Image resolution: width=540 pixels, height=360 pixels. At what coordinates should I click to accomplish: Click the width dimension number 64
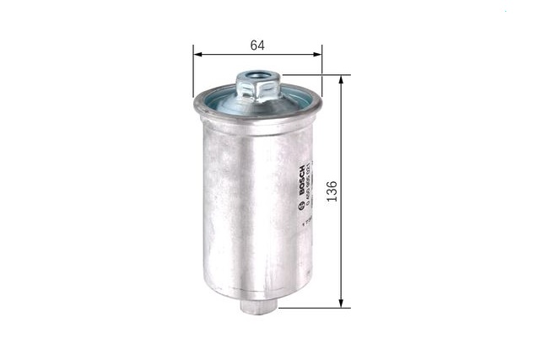point(258,43)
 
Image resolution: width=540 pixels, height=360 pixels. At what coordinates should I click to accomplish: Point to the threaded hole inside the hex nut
point(258,78)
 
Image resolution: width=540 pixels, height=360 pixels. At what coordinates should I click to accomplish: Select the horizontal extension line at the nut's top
point(312,75)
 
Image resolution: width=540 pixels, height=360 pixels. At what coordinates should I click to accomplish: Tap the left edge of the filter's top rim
point(197,105)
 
